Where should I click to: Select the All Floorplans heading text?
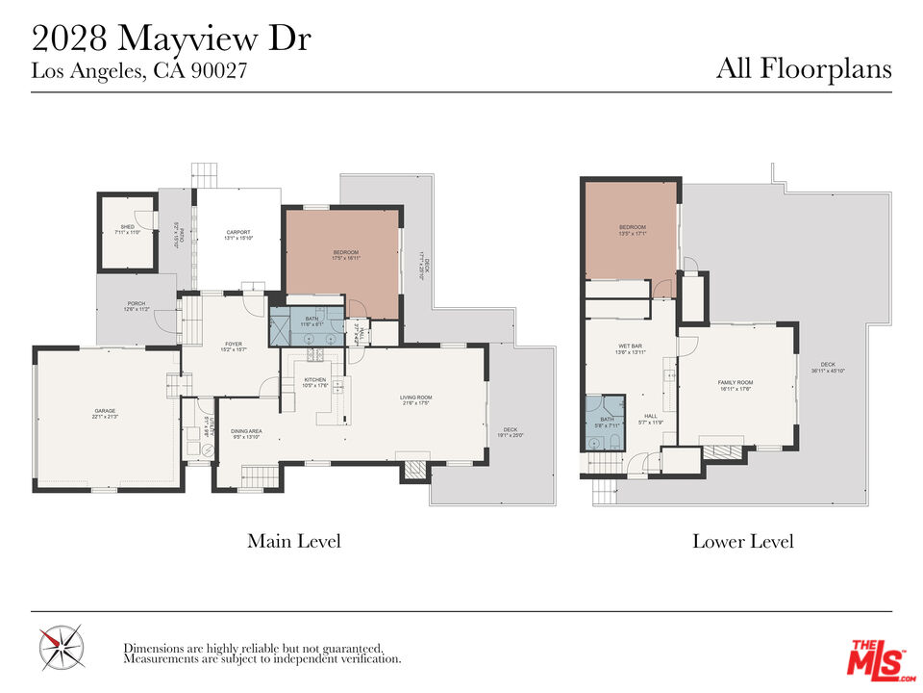[804, 69]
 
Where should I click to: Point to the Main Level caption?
[293, 541]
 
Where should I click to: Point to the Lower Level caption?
[742, 541]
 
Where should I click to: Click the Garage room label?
[106, 411]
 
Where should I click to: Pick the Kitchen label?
[315, 380]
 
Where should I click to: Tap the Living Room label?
[416, 398]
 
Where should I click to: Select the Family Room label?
[736, 383]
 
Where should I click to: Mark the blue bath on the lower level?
[606, 423]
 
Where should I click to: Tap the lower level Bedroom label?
[632, 228]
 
